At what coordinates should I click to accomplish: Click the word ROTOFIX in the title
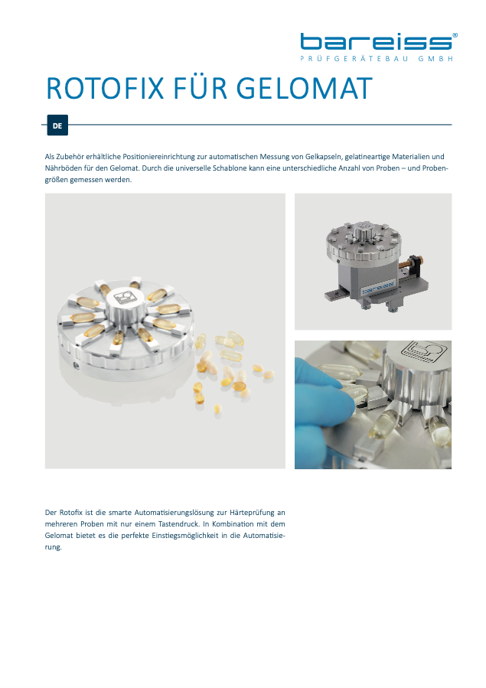coord(106,89)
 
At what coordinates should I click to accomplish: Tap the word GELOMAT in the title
coord(305,89)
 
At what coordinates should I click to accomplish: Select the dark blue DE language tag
coord(57,126)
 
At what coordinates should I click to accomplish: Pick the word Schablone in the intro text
coord(230,168)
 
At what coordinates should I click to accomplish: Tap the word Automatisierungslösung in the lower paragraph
coord(173,513)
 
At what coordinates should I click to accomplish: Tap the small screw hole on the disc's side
coord(77,364)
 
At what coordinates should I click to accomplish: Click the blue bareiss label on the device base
coord(377,288)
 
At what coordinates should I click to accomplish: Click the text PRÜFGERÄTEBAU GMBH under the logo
coord(377,58)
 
